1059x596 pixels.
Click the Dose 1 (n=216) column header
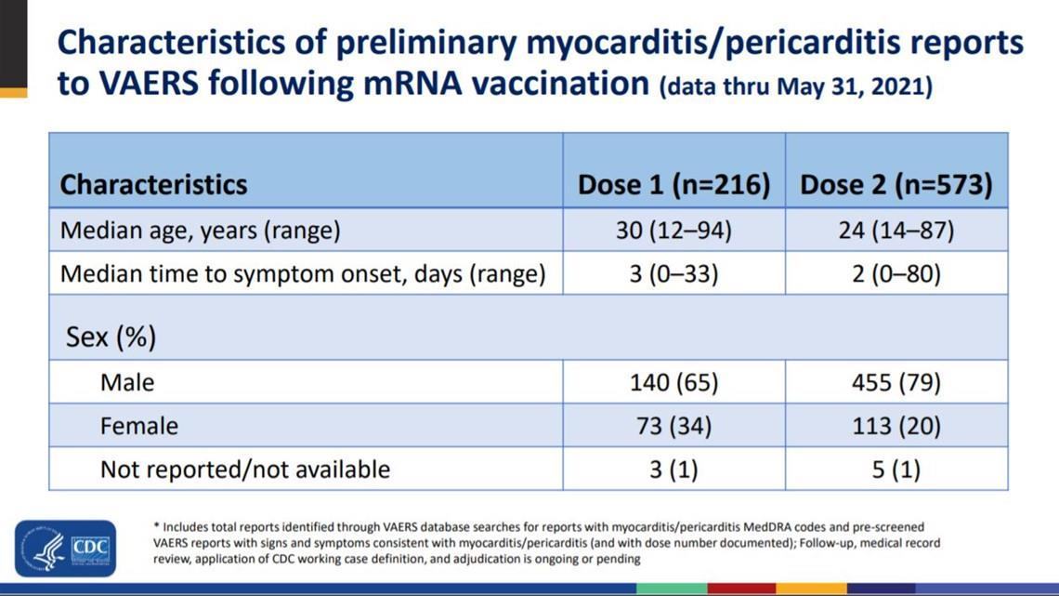click(x=673, y=184)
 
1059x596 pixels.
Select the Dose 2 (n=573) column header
click(x=896, y=184)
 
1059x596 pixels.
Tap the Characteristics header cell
click(x=153, y=184)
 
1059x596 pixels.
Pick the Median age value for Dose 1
click(x=673, y=231)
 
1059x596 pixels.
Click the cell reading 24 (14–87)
click(x=896, y=231)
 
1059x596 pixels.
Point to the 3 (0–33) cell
click(x=673, y=274)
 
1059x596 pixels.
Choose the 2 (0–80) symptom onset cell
click(x=896, y=274)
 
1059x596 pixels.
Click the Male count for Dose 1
click(x=673, y=382)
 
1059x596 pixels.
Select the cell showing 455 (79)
click(x=896, y=382)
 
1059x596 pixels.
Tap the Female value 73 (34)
click(x=673, y=426)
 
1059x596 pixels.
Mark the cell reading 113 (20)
click(x=896, y=426)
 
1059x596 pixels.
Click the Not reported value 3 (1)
click(x=673, y=470)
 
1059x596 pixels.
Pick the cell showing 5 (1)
click(x=896, y=470)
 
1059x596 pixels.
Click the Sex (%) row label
click(x=111, y=337)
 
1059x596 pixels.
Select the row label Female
click(x=139, y=426)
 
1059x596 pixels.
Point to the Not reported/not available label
click(x=245, y=470)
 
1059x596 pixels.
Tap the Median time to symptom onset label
click(x=302, y=274)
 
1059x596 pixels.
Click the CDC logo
click(x=65, y=548)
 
